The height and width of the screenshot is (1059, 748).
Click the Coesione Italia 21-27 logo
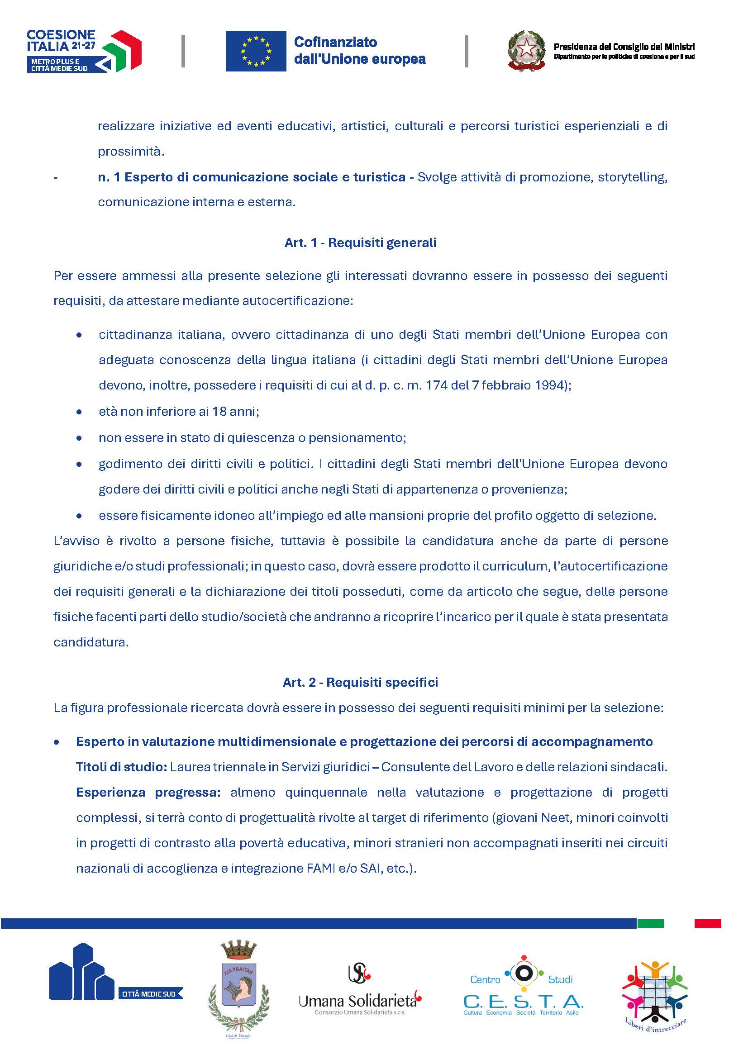(84, 51)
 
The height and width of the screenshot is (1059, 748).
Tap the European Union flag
(256, 51)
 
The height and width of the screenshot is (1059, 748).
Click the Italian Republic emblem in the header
(526, 51)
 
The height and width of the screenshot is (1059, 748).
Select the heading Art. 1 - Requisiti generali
(360, 243)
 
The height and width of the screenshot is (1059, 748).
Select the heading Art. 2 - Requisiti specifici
(360, 682)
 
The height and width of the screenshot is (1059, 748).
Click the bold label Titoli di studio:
(121, 767)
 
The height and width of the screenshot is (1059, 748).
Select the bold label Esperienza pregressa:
(148, 793)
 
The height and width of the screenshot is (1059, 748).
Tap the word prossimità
(131, 152)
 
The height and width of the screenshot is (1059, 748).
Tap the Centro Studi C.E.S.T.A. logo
(523, 987)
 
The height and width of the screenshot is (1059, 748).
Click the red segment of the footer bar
(707, 923)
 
